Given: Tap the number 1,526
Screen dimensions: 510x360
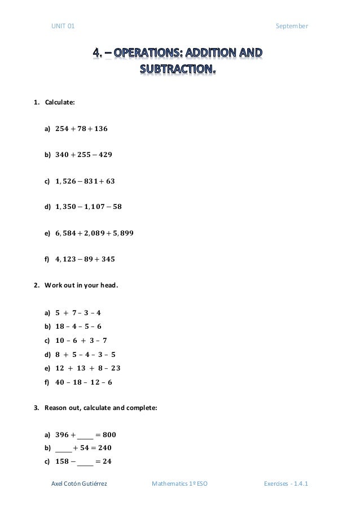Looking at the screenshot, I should click(x=66, y=181).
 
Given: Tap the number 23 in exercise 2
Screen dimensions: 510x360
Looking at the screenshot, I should click(x=116, y=368).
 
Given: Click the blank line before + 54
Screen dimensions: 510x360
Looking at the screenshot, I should click(x=64, y=448).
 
